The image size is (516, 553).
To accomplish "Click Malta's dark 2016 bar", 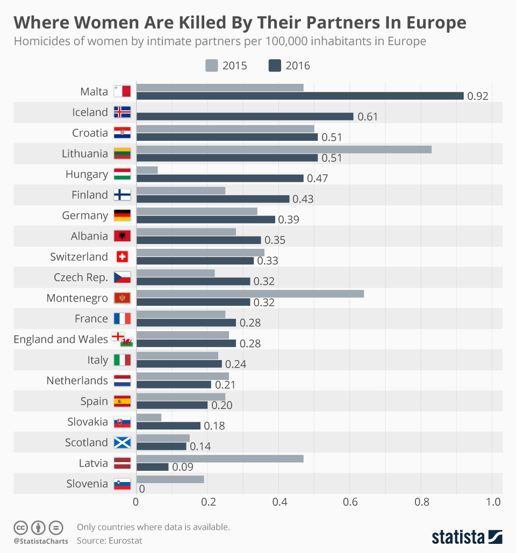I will point(300,96).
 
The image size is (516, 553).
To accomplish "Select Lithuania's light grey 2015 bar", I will point(284,149).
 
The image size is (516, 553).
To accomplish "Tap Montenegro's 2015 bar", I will point(250,293).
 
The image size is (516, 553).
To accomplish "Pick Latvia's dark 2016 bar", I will point(153,467).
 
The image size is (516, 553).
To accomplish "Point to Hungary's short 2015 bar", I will point(147,170).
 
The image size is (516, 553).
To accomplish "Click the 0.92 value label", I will point(478,97).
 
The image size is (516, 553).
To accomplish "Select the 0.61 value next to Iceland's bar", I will point(368,117).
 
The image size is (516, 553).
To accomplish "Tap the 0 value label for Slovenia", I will point(142,489).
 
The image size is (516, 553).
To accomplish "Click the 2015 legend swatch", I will point(211,66).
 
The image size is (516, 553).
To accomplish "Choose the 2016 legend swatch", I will point(275,66).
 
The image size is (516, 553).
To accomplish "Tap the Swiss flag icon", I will point(122,257).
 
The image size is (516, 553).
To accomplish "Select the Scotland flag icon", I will point(122,442).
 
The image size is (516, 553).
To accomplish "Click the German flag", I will point(122,216).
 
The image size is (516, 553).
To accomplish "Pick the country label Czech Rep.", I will point(81,277).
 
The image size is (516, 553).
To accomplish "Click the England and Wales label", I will point(61,339).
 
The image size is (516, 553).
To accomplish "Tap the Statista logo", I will point(467,536).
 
